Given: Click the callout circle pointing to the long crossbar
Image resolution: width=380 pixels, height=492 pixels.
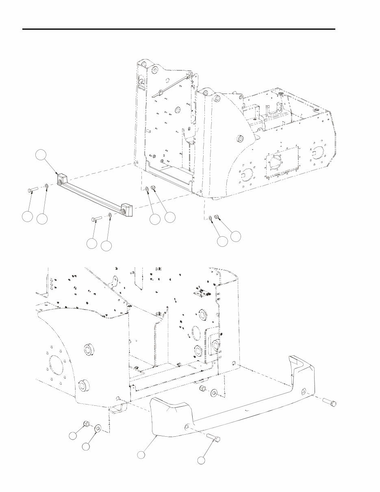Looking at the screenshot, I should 40,155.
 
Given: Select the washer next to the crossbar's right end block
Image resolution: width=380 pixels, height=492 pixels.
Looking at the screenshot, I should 110,216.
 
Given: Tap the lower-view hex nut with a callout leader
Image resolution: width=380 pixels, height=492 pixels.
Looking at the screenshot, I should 86,425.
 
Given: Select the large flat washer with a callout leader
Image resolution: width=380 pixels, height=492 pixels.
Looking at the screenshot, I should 98,429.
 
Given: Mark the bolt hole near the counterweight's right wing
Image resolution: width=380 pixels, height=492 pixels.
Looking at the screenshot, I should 304,391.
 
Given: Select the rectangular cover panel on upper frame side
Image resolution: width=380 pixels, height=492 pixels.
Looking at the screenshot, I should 282,161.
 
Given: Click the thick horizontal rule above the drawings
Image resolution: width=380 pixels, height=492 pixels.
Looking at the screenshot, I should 179,29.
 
